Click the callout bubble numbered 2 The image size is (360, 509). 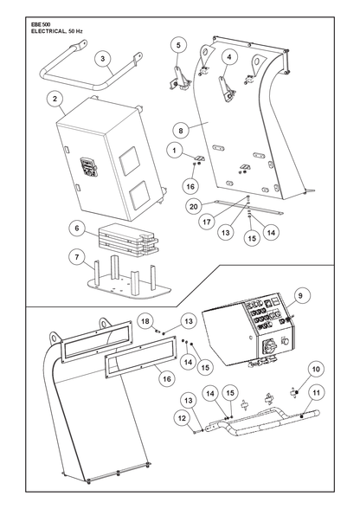[55, 99]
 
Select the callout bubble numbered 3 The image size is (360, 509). [103, 59]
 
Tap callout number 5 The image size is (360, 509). [178, 45]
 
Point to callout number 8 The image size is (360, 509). [181, 131]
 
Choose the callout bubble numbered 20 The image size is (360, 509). [194, 206]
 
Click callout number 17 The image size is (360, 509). [207, 222]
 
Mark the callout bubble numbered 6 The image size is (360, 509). [77, 229]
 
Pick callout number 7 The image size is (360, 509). [77, 257]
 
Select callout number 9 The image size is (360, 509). [300, 296]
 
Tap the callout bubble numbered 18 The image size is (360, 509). [145, 321]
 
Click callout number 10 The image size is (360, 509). [316, 369]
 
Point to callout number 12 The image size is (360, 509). [182, 418]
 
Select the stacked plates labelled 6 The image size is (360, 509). [128, 239]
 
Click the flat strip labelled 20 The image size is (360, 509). [248, 208]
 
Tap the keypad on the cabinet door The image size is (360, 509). [88, 167]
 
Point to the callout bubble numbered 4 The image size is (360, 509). [229, 57]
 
